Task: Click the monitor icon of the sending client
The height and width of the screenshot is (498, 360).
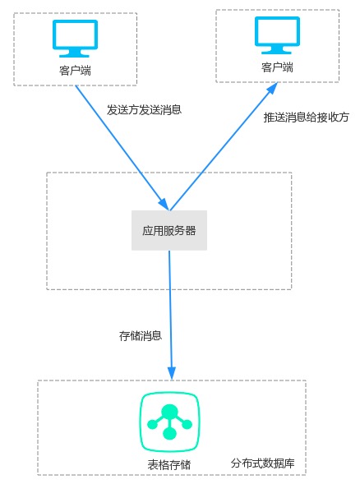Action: (75, 38)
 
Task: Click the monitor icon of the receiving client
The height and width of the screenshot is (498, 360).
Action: (277, 35)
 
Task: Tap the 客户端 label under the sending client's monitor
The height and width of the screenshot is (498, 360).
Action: (75, 70)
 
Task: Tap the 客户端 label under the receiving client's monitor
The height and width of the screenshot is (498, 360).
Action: (277, 67)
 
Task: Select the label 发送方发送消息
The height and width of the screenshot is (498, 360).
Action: (144, 110)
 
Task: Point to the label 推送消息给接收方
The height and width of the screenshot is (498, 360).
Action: (307, 118)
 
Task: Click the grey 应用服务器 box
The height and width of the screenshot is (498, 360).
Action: (169, 230)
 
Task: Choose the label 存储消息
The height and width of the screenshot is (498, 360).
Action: (141, 336)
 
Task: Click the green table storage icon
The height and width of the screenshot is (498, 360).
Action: (169, 422)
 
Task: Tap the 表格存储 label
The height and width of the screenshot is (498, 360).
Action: (169, 465)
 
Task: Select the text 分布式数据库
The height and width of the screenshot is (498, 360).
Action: (262, 463)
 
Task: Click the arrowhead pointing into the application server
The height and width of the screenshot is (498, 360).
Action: (164, 205)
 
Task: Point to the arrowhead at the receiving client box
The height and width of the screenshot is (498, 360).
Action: (272, 88)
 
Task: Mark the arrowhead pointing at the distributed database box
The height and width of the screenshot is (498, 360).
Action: (172, 373)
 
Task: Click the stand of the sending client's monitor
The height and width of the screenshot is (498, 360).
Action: (74, 53)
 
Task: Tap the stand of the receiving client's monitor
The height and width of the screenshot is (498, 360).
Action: (276, 50)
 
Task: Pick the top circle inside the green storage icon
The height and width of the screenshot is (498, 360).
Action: (169, 412)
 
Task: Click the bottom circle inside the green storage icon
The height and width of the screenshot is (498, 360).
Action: (169, 433)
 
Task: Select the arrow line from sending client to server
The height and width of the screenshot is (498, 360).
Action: (122, 148)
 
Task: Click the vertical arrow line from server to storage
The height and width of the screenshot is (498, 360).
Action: (170, 315)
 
